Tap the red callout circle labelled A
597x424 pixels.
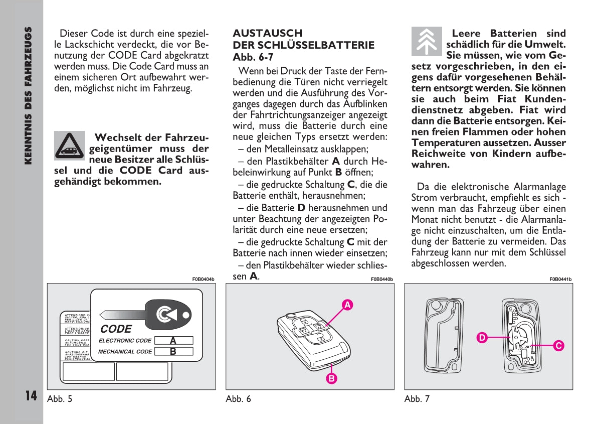[x=346, y=304]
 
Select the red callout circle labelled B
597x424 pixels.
[x=331, y=378]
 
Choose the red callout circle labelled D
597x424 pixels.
[x=481, y=338]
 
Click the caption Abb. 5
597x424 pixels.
[x=60, y=399]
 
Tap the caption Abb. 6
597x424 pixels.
[x=238, y=399]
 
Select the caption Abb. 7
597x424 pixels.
[x=417, y=399]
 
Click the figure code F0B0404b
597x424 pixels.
[x=203, y=279]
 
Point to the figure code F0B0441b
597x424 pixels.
[x=560, y=279]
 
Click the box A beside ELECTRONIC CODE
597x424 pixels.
[x=173, y=340]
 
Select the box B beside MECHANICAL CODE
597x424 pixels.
[x=173, y=351]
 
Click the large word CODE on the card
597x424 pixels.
[x=116, y=329]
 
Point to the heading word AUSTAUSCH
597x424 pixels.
[x=268, y=33]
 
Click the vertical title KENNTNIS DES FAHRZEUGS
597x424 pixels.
[x=29, y=95]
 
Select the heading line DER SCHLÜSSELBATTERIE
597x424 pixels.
[x=303, y=45]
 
